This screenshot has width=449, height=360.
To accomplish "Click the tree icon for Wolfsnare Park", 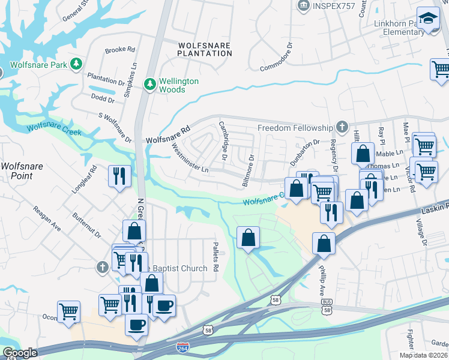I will [x=76, y=64].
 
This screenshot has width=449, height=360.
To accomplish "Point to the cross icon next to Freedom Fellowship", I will [x=342, y=127].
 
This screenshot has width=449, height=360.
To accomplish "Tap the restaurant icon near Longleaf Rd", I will [x=119, y=176].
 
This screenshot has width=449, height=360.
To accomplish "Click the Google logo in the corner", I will [x=20, y=353].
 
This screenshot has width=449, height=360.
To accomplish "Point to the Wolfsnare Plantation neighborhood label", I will [x=205, y=49].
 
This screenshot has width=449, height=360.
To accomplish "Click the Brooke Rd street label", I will [x=120, y=51].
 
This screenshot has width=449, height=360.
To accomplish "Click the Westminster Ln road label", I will [x=190, y=157].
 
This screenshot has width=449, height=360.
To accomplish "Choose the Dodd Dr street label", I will [x=103, y=97].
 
